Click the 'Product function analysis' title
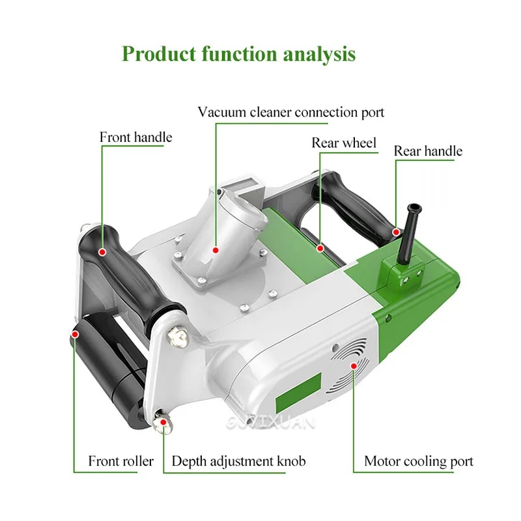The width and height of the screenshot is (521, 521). click(239, 53)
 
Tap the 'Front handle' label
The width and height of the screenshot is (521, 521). click(135, 137)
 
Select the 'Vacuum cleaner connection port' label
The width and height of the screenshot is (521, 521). click(291, 112)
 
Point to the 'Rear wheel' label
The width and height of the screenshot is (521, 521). click(344, 143)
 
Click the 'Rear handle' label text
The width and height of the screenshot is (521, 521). click(428, 151)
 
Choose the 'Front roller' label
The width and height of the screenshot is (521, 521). click(121, 461)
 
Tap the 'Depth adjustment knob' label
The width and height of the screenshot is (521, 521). click(238, 461)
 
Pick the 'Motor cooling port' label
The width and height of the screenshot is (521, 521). click(419, 462)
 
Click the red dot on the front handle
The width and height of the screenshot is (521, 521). click(102, 250)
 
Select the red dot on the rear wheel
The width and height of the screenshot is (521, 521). click(320, 247)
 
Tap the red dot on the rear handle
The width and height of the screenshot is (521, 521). click(395, 231)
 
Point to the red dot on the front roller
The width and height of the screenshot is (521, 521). click(75, 334)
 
